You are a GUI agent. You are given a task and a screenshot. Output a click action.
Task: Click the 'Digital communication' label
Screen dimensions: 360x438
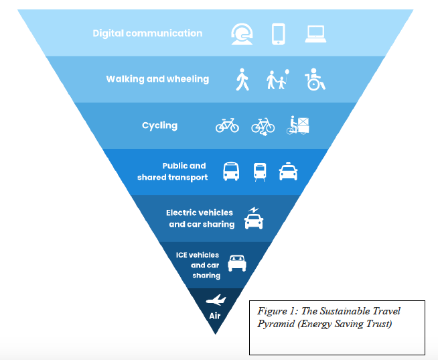coord(147,33)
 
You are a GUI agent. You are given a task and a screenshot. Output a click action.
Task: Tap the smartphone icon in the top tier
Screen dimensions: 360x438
coord(279,33)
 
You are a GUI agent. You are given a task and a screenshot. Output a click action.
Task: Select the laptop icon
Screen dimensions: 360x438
coord(315,34)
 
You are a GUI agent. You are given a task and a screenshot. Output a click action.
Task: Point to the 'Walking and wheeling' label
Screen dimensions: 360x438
coord(157,79)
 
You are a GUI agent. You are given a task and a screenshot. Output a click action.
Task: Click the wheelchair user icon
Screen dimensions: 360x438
coord(315,80)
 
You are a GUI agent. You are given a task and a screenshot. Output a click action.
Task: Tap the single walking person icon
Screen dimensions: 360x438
coord(242,80)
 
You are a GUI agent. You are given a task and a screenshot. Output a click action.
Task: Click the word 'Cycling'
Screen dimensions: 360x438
coord(159,125)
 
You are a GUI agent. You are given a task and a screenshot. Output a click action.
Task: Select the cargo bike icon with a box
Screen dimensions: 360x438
coord(298,125)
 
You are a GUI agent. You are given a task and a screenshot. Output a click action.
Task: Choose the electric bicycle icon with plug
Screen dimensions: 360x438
coord(263,125)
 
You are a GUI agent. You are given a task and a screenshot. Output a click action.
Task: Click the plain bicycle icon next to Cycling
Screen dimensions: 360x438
coord(227,125)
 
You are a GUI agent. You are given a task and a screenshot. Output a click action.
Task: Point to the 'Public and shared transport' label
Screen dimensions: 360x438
coord(173,172)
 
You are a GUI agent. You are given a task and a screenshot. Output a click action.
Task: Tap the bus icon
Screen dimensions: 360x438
coord(230,172)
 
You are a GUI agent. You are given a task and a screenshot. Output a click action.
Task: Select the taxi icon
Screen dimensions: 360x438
coord(288,172)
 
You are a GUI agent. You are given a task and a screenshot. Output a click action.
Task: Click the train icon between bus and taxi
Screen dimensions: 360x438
coord(260,172)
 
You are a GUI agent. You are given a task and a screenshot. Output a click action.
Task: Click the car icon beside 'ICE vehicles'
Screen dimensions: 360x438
coord(237,263)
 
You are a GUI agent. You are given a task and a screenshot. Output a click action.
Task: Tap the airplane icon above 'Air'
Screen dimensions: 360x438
coord(216,300)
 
